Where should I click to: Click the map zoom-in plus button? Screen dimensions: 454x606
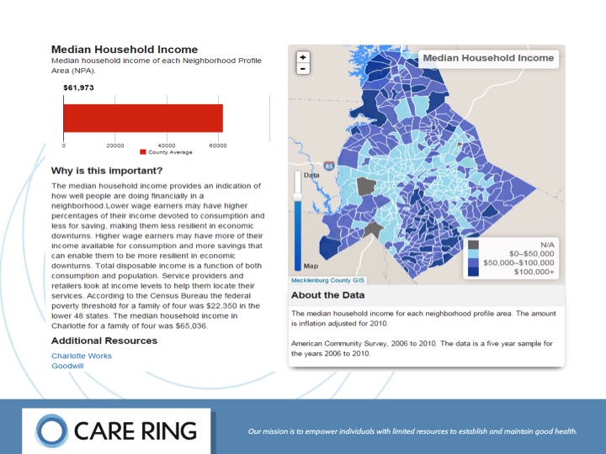point(303,57)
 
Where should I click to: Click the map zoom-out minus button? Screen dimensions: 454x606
point(303,68)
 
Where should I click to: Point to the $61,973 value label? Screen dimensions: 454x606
point(77,87)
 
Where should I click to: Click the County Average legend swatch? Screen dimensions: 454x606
point(143,152)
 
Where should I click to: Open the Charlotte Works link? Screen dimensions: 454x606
point(81,356)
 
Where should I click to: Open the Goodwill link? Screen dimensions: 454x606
point(66,366)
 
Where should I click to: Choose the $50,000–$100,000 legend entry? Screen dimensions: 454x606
point(514,262)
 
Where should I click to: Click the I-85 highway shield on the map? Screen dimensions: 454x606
point(328,166)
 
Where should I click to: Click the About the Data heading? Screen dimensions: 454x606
point(327,295)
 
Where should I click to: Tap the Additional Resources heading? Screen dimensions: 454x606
point(104,340)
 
